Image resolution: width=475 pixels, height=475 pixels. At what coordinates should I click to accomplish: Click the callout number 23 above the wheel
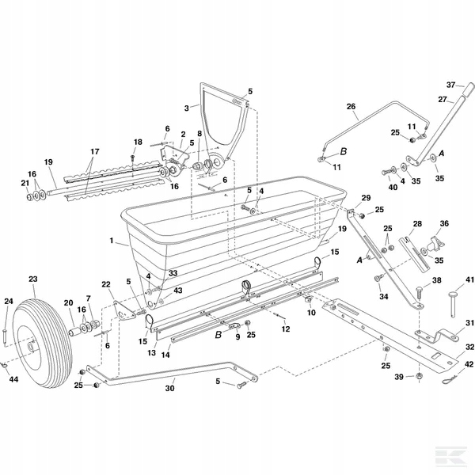32,279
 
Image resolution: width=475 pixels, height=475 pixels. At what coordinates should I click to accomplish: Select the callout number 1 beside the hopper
112,240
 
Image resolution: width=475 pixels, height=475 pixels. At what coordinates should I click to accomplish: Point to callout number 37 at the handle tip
450,85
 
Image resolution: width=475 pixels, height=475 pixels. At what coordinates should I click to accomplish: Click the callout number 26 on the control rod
351,107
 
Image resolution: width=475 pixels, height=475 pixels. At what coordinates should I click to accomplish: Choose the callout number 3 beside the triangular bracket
187,108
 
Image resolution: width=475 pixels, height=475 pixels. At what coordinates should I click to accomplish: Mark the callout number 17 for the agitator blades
94,151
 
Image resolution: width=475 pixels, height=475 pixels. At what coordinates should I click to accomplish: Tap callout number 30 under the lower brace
170,389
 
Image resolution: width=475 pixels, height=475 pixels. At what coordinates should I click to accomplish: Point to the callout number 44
13,380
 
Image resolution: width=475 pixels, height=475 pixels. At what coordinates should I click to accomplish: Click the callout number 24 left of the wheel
8,301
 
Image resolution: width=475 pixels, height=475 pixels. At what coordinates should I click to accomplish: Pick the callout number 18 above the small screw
138,142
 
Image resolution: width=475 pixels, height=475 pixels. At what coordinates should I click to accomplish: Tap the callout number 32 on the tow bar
469,346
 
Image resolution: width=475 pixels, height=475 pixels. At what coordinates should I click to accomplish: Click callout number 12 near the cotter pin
285,329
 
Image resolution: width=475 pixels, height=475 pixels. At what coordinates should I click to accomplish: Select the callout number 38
436,280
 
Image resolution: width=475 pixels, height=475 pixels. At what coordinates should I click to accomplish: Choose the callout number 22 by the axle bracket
105,284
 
